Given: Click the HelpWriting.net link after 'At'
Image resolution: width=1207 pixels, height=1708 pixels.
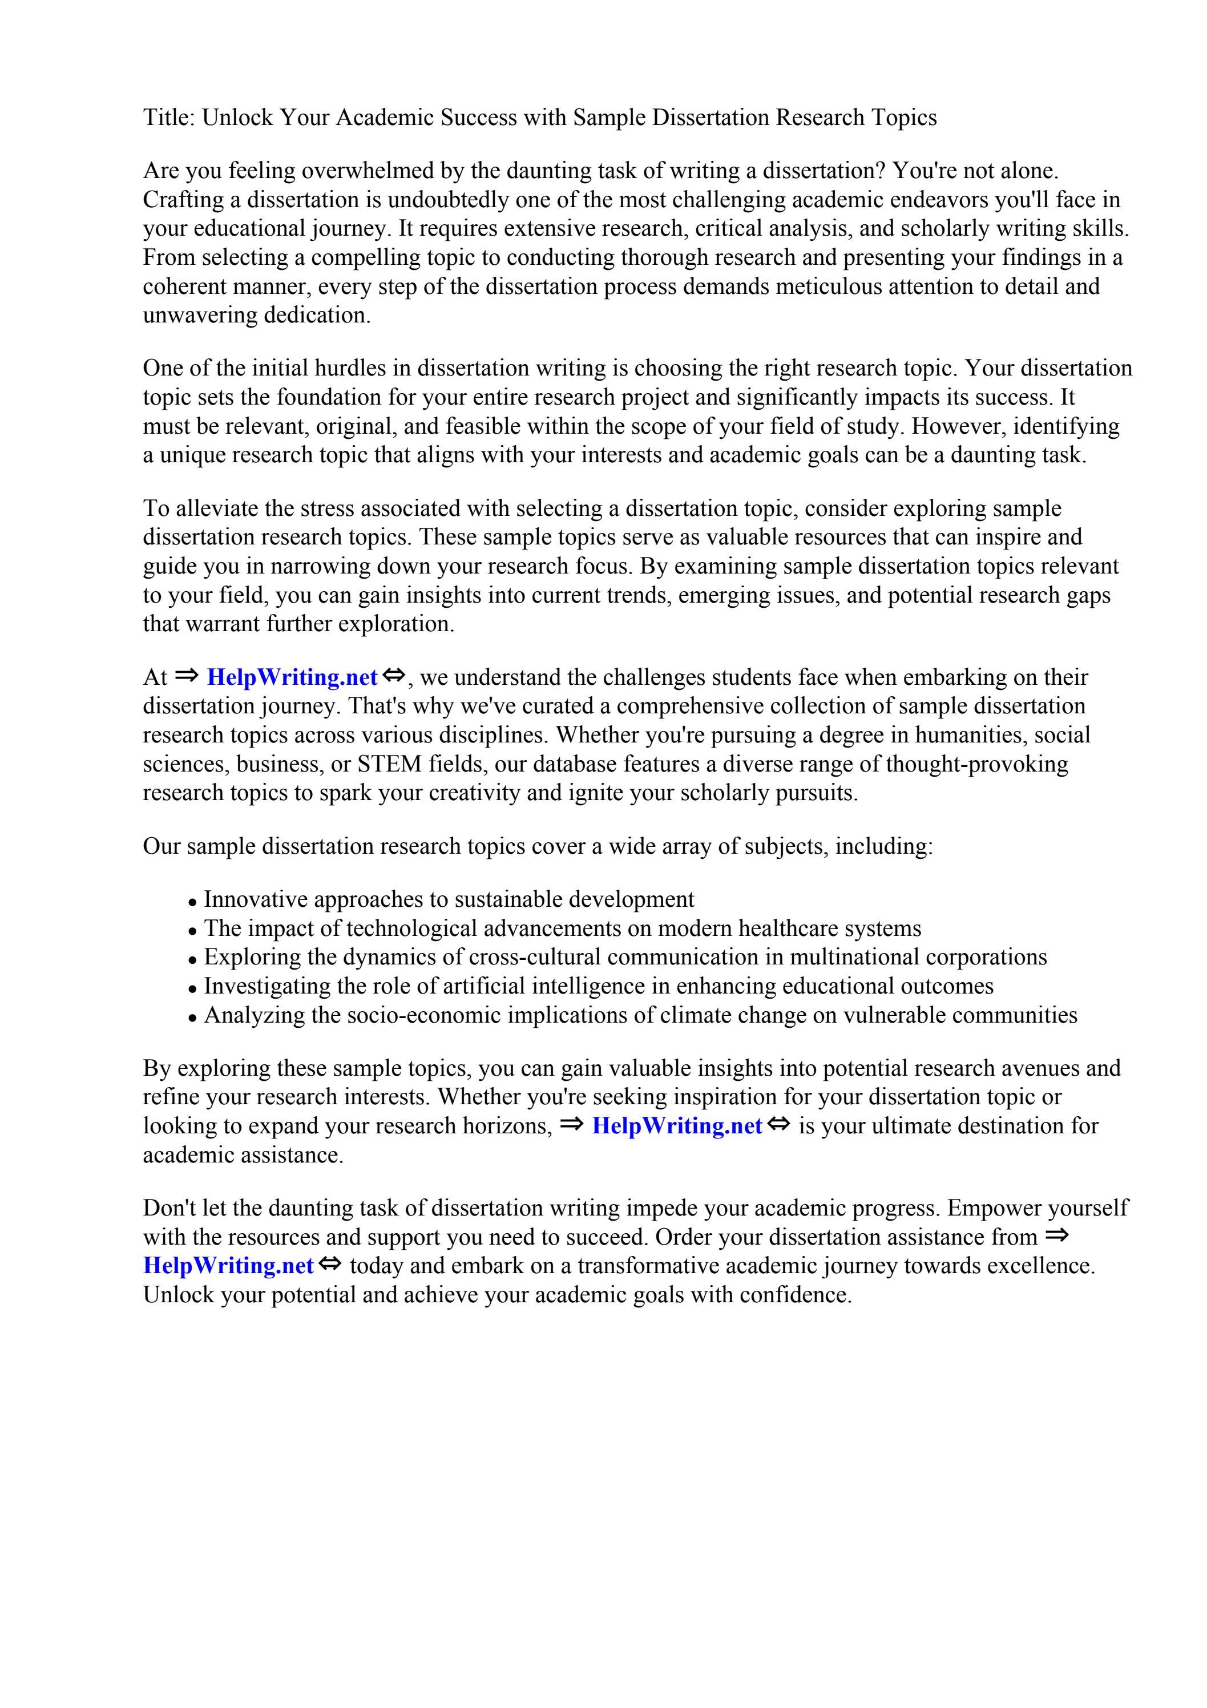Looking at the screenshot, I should coord(292,678).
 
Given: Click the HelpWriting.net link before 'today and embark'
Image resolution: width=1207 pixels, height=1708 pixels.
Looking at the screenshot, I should coord(228,1266).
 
